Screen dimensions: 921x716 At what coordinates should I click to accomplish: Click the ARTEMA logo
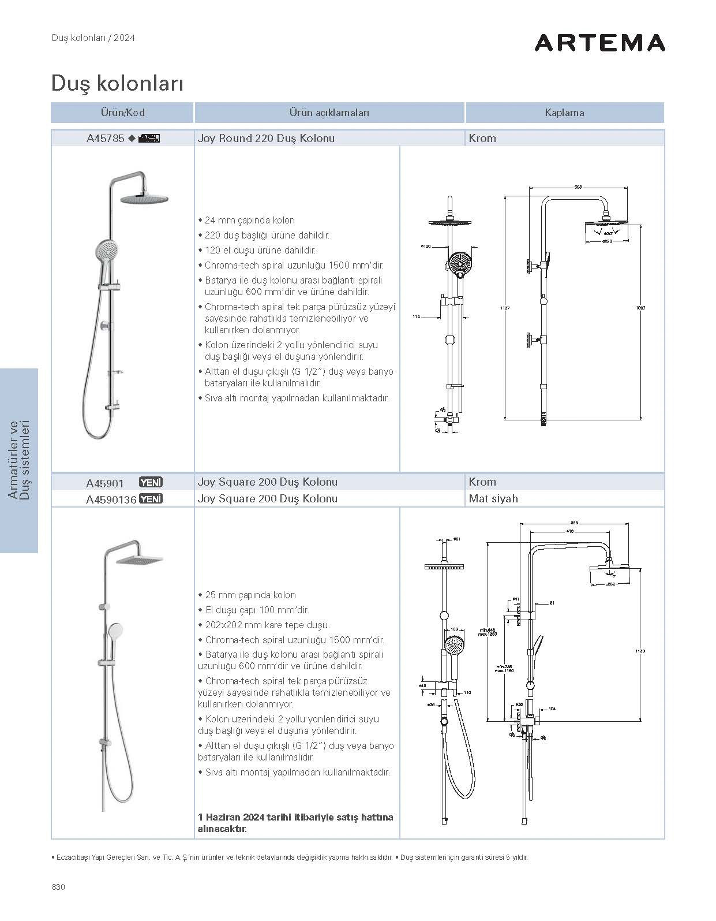[599, 43]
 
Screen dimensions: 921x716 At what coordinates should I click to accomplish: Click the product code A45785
[106, 139]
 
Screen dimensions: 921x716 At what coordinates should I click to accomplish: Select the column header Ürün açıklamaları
[329, 113]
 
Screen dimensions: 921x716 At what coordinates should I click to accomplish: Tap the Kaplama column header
[564, 113]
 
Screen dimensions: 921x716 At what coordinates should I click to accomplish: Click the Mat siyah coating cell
[493, 499]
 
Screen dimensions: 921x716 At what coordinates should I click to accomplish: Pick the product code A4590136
[111, 499]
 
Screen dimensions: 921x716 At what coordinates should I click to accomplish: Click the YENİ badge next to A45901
[151, 482]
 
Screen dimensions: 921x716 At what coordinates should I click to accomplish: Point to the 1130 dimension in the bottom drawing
[640, 651]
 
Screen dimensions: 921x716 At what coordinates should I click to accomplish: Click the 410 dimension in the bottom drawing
[569, 531]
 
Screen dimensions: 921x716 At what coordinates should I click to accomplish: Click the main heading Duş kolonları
[117, 83]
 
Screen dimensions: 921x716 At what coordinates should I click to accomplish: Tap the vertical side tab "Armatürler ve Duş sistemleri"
[18, 460]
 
